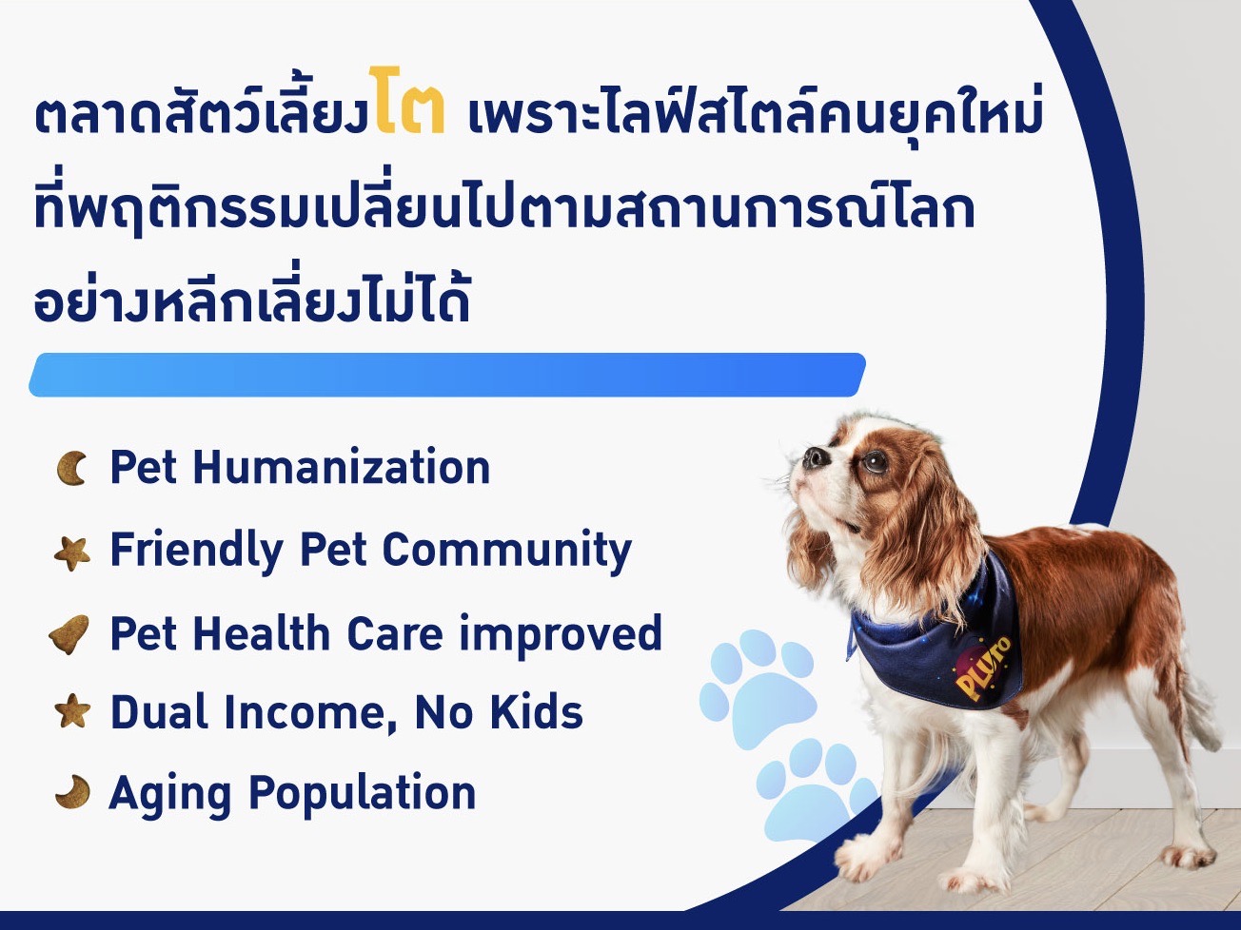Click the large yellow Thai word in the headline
tap(406, 101)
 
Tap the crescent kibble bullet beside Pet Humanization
tap(71, 468)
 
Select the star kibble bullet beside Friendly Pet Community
tap(72, 553)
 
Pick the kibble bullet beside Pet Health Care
tap(69, 634)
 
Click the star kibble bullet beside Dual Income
tap(73, 711)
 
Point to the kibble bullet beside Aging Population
tap(73, 792)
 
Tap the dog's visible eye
tap(876, 461)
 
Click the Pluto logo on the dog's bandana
tap(981, 668)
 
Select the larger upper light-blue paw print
tap(758, 688)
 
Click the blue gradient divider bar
tap(447, 375)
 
